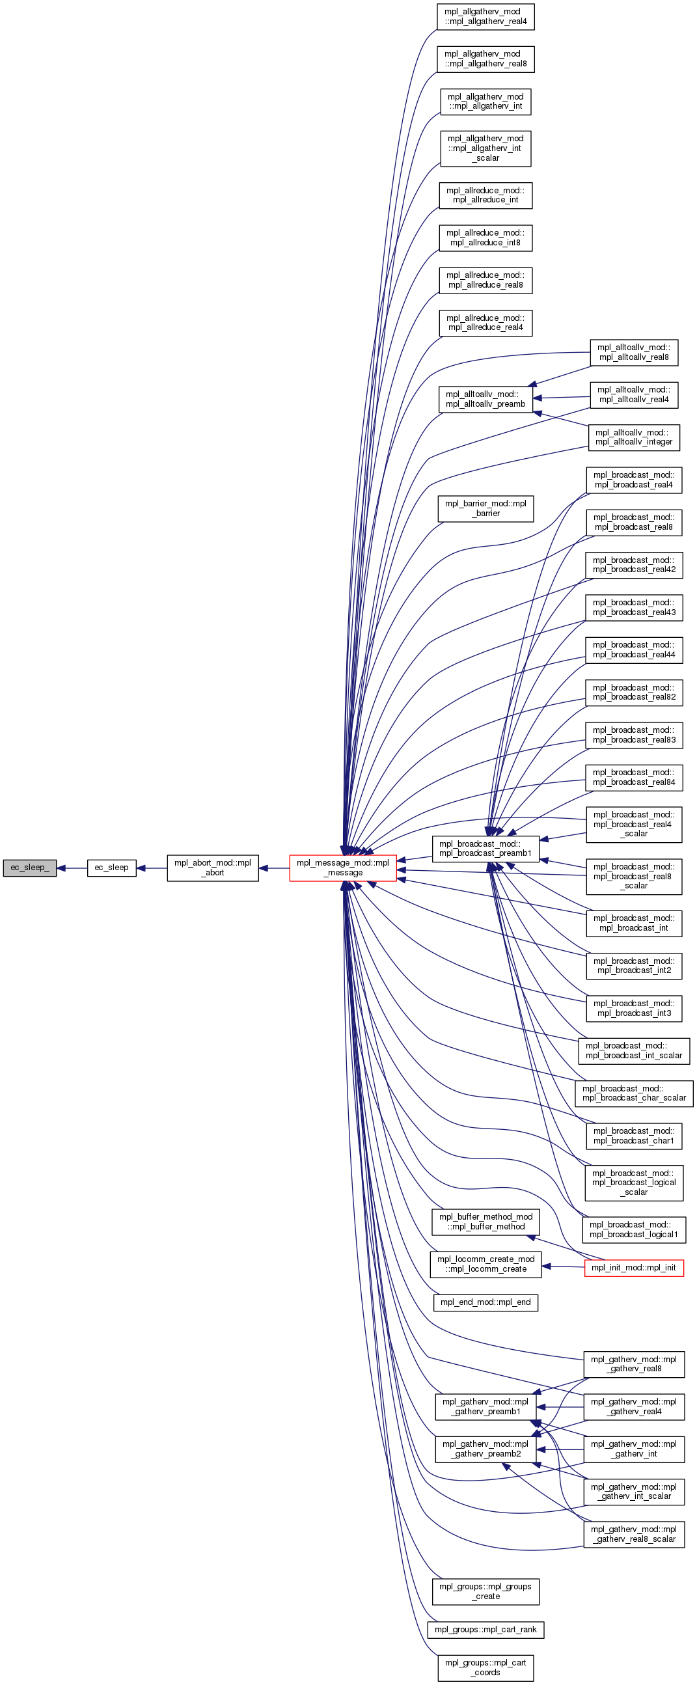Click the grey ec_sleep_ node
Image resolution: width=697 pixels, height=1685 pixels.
[29, 868]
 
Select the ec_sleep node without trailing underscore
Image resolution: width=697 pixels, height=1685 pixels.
[111, 868]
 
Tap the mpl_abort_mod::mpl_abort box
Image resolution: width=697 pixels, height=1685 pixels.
[213, 868]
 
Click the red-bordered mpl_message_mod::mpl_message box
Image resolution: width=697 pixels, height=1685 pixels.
[342, 868]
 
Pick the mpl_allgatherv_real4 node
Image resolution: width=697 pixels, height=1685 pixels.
[485, 16]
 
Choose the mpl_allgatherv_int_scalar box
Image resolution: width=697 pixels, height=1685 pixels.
[485, 148]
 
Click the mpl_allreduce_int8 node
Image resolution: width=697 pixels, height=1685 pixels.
[485, 238]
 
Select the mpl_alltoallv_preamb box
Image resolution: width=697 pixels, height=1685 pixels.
[485, 399]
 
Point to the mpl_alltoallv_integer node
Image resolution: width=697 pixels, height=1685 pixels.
[634, 437]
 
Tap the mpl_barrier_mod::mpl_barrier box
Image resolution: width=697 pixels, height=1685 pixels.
[485, 509]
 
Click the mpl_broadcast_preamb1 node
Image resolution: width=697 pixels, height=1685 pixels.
[485, 849]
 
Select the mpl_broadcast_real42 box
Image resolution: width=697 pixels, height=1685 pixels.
[634, 565]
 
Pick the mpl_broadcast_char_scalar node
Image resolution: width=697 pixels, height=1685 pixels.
[634, 1093]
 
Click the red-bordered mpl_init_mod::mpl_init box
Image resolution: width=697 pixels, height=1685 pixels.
[634, 1268]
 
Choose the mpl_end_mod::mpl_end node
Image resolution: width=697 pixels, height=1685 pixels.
[485, 1302]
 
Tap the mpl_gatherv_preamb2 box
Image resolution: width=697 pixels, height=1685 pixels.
[485, 1449]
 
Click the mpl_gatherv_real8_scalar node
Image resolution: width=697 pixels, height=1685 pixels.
[634, 1534]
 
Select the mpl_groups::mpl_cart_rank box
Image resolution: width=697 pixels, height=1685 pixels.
[485, 1630]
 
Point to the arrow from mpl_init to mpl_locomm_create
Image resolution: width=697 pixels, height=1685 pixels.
[563, 1267]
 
